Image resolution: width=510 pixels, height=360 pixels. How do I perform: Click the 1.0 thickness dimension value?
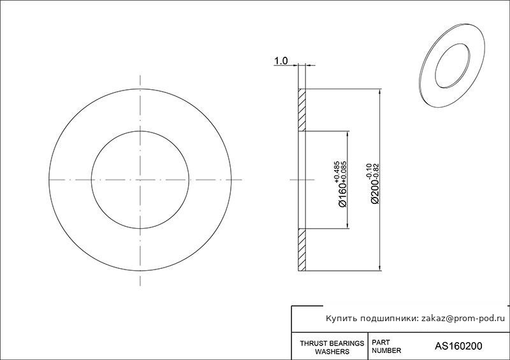tap(281, 61)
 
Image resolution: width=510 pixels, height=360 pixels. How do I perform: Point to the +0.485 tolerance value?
tap(337, 171)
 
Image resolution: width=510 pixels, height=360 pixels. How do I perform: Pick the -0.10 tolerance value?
tap(369, 171)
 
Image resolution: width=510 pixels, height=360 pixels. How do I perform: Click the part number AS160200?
tap(458, 346)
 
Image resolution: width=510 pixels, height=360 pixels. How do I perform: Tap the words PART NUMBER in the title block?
tap(386, 347)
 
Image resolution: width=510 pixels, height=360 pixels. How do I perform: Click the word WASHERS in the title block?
tap(332, 352)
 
